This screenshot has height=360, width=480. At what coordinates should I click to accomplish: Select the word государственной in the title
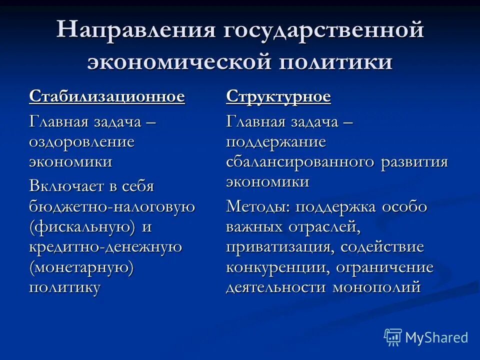[320, 31]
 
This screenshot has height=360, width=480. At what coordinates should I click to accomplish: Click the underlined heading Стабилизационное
[107, 96]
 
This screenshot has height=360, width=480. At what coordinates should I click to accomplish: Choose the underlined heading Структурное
[278, 96]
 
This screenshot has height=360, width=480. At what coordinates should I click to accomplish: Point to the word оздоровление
[82, 141]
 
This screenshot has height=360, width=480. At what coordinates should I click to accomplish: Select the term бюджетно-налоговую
[112, 207]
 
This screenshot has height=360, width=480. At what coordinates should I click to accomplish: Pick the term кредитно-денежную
[105, 247]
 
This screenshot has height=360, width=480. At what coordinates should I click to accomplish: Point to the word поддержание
[276, 141]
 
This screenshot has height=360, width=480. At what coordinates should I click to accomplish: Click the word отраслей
[323, 227]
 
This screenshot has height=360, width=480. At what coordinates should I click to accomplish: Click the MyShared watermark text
[436, 337]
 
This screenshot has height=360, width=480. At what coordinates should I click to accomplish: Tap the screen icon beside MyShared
[393, 337]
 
